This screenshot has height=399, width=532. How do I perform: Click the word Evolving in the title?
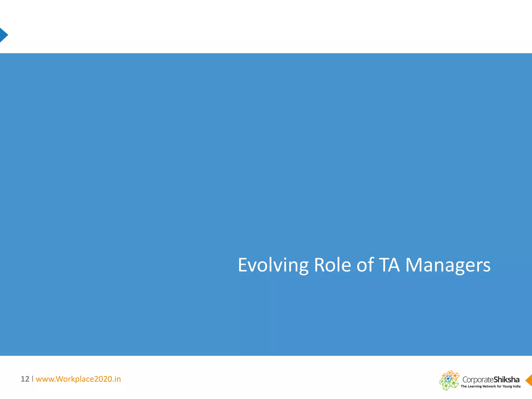click(x=273, y=265)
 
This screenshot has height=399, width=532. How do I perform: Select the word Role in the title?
click(x=332, y=265)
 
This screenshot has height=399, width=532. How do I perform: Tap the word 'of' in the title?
click(x=365, y=265)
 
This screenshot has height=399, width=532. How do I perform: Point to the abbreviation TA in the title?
click(x=389, y=265)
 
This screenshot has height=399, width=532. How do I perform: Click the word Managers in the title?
click(x=448, y=265)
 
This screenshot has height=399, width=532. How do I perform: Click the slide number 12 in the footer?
click(x=25, y=379)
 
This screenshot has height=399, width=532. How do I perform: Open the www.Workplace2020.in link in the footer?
click(x=78, y=379)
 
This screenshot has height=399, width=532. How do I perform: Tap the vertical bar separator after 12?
click(x=33, y=379)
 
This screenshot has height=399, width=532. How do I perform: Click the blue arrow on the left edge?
click(x=3, y=35)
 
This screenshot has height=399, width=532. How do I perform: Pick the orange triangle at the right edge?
click(x=529, y=381)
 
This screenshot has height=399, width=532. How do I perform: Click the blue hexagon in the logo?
click(x=448, y=379)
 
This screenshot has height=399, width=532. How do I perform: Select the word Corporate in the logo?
click(x=478, y=380)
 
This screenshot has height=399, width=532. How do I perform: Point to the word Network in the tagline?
click(x=489, y=386)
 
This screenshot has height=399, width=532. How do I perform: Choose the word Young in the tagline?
click(x=507, y=386)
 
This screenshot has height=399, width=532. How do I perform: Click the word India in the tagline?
click(x=516, y=386)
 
